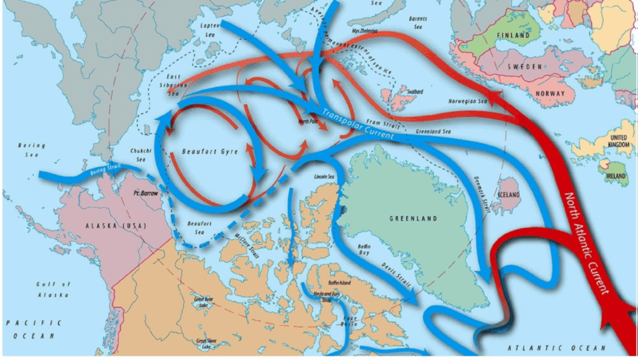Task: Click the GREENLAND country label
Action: (412, 219)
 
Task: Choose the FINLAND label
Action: (513, 36)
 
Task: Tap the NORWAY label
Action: (550, 94)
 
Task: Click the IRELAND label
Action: (616, 176)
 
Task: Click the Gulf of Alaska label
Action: (53, 289)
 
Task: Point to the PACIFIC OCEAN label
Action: (34, 328)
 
